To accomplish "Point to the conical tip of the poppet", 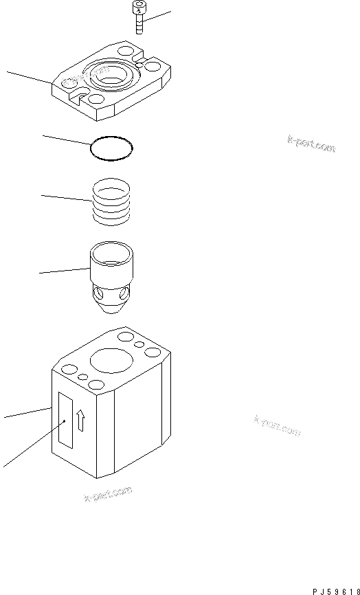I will point(110,307).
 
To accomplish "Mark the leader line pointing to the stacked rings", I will point(65,198).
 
